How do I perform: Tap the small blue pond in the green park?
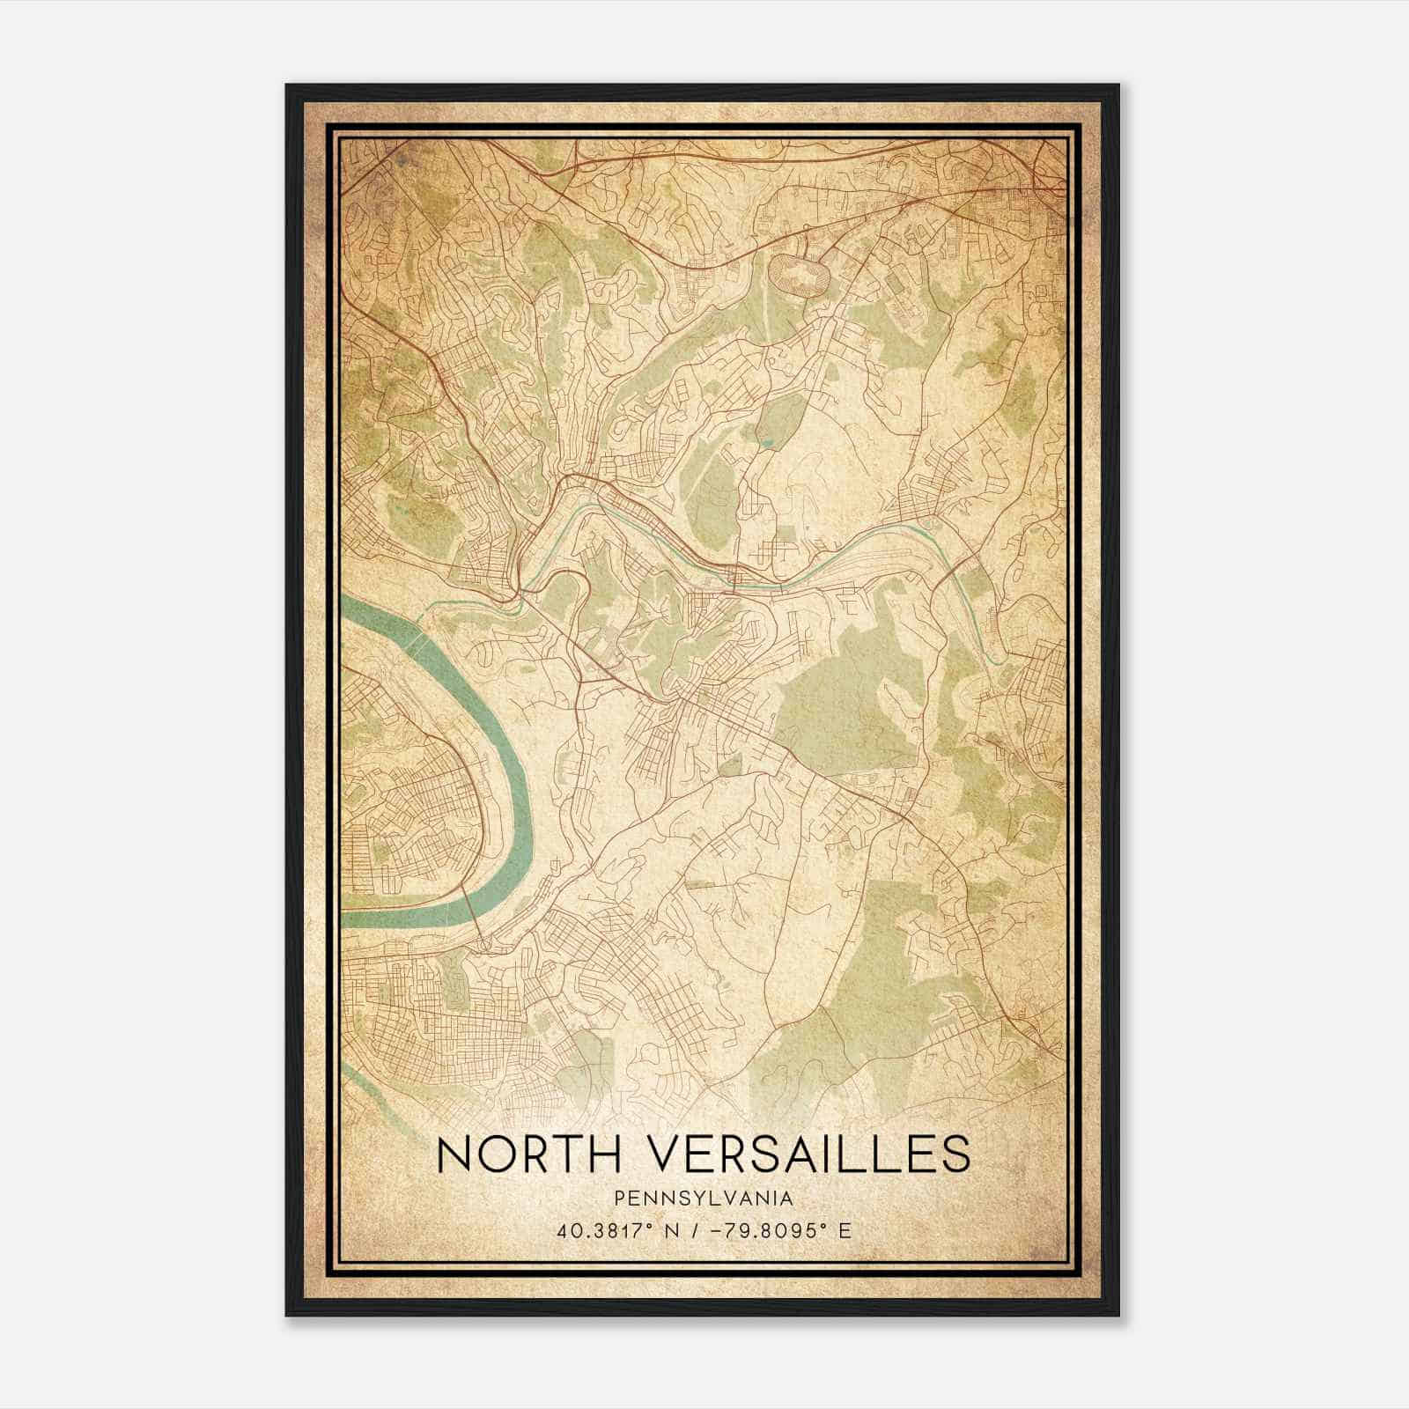768,438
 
